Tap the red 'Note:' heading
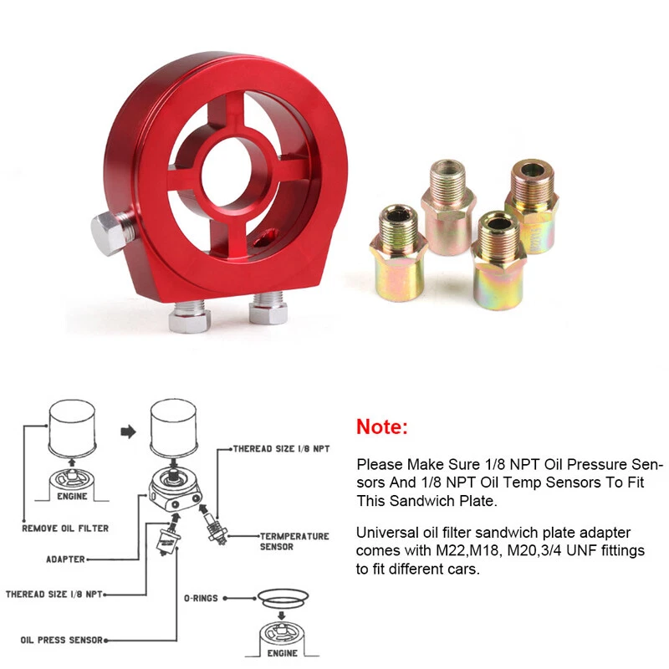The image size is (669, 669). coord(382,426)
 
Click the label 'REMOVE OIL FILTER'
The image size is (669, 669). coord(65,529)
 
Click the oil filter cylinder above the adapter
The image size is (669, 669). coord(173,431)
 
